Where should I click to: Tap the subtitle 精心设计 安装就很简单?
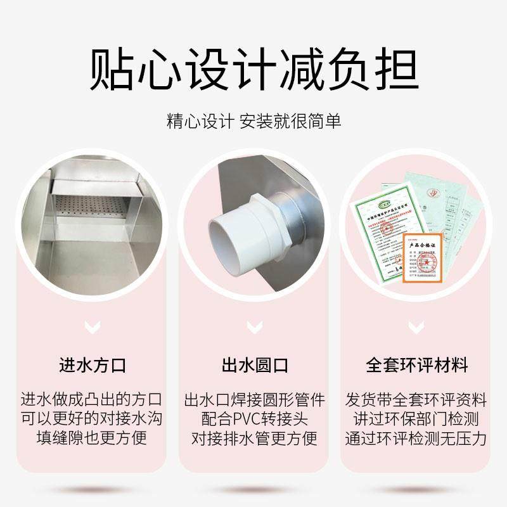[x=253, y=120]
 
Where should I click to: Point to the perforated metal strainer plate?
[x=95, y=205]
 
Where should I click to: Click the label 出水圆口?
[x=254, y=366]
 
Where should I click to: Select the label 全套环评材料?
[x=416, y=366]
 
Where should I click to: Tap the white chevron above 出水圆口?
[x=254, y=328]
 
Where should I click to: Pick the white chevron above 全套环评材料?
[x=416, y=328]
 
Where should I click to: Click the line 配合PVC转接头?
[x=254, y=420]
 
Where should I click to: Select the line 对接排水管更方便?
[x=254, y=439]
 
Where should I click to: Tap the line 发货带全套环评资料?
[x=416, y=401]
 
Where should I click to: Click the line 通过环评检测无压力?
[x=416, y=439]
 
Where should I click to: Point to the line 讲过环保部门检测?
[x=416, y=420]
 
